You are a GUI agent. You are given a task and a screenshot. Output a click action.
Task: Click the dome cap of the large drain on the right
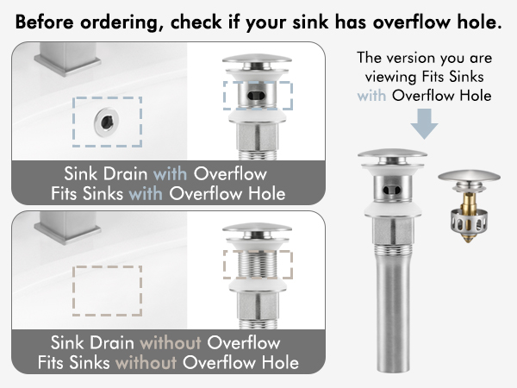coord(392,158)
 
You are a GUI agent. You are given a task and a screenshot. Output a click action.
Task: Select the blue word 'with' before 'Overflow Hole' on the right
coord(372,97)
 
